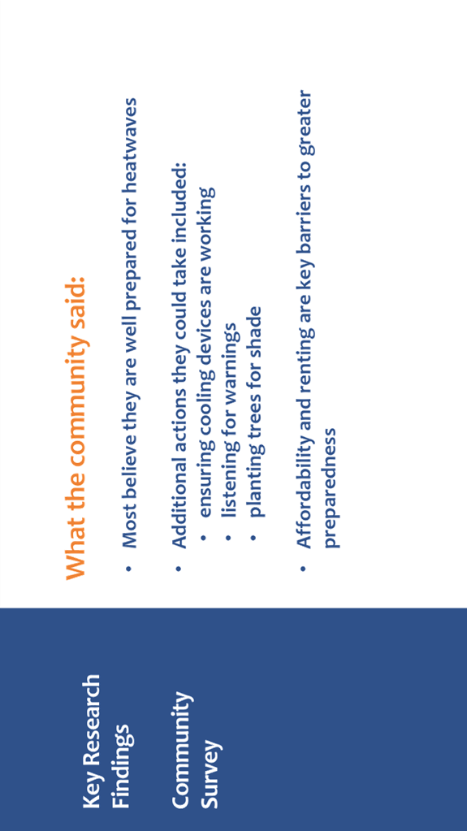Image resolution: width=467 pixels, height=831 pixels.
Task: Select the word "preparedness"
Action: [331, 488]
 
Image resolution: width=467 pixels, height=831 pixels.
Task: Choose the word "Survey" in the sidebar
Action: [210, 774]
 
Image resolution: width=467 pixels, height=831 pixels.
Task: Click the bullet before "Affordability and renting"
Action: [304, 568]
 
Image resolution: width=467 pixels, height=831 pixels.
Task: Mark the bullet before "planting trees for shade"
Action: [254, 538]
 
